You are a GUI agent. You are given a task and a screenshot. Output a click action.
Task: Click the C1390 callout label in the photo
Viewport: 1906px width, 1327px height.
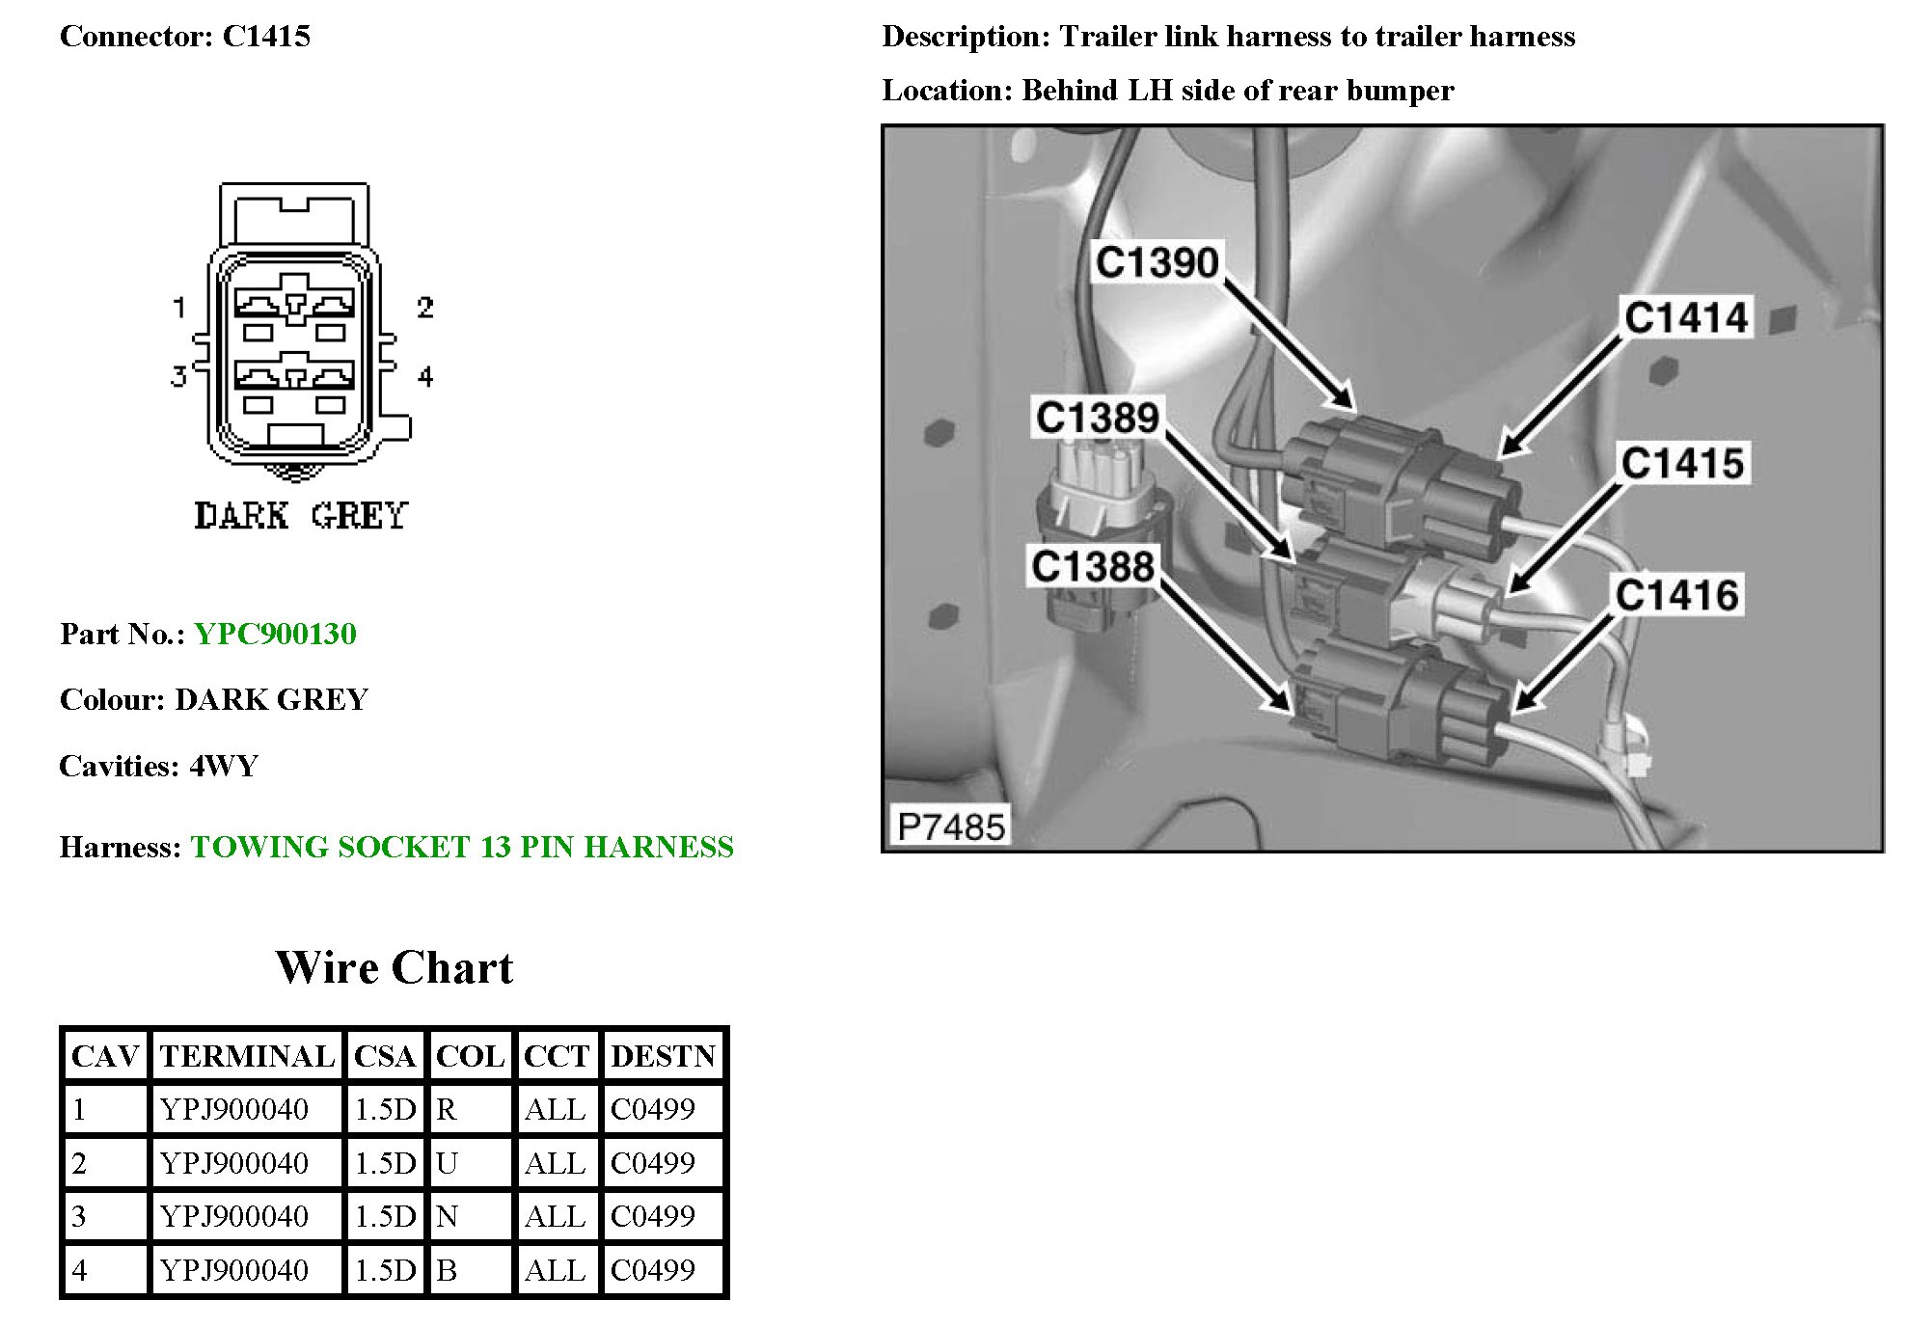pos(1157,262)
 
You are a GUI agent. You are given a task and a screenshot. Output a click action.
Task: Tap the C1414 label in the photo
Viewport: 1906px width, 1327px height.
pos(1686,317)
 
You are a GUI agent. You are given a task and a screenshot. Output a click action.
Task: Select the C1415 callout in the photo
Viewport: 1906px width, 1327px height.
pos(1682,463)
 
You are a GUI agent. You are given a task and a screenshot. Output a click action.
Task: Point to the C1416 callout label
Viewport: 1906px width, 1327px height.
pos(1677,595)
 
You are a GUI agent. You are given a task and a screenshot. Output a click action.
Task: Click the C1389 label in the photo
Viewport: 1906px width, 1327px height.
pos(1097,418)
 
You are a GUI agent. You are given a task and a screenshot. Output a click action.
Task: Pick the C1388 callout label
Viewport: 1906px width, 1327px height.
pos(1093,566)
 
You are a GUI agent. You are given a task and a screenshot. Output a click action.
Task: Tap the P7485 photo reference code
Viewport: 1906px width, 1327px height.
pos(950,826)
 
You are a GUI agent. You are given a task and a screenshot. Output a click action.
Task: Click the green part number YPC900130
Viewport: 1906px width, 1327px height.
pos(275,634)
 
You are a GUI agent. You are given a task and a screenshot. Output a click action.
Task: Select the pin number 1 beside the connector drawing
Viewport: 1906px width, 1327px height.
pos(179,308)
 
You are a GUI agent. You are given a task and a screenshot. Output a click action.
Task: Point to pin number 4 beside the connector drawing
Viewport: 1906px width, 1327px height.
pos(425,376)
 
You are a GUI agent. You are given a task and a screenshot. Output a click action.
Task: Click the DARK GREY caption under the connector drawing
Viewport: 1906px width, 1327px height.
pos(301,516)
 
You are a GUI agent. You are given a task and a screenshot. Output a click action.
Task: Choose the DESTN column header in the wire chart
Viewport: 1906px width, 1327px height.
pos(663,1056)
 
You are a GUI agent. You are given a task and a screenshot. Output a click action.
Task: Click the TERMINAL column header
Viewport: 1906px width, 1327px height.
pos(247,1056)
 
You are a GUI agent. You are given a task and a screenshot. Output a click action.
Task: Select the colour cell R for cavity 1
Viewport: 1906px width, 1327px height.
pos(447,1110)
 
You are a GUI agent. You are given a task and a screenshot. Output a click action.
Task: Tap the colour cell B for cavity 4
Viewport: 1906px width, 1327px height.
pos(447,1270)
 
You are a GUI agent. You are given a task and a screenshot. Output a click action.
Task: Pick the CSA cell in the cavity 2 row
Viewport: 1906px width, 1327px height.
pos(385,1163)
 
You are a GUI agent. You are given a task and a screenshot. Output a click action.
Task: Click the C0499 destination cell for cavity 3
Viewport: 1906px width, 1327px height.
pos(653,1216)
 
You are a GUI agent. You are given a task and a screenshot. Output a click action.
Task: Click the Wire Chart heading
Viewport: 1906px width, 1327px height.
pos(395,967)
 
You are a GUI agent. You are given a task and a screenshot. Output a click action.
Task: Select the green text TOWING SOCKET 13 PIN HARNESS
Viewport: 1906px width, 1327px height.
pos(462,847)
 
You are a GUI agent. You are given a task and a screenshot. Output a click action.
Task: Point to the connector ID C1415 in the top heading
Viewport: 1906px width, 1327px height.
pos(266,37)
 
